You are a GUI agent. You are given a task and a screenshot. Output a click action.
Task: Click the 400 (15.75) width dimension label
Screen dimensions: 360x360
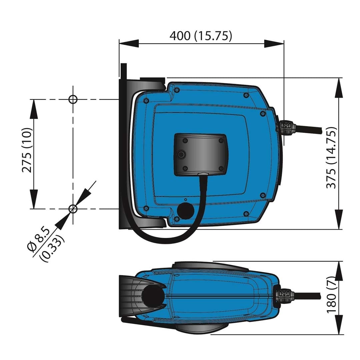pos(201,36)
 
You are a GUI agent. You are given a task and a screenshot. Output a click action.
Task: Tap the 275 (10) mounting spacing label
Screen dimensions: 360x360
pos(27,150)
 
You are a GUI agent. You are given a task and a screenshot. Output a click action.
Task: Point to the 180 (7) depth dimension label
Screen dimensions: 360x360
pos(331,295)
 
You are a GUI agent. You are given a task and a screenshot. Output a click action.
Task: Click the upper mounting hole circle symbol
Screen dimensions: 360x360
pos(73,99)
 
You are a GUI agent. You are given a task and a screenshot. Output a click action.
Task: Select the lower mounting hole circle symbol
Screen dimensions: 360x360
pos(73,209)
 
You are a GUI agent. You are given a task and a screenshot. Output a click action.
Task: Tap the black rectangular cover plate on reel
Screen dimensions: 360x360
pos(201,155)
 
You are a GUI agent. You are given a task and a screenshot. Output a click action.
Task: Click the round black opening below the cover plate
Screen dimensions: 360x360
pos(186,211)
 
